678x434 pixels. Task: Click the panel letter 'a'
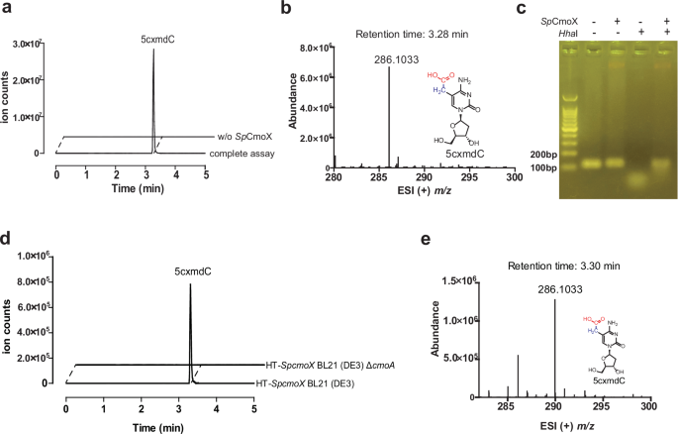tap(7, 9)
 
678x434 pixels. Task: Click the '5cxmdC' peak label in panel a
tap(153, 41)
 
